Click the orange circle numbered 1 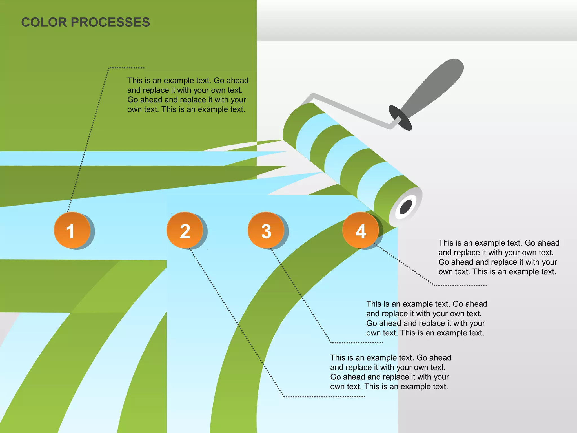pos(72,230)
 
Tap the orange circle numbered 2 pos(185,230)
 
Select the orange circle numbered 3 pos(266,230)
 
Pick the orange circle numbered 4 pos(361,230)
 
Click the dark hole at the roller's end pos(406,207)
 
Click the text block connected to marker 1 pos(188,95)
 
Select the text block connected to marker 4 pos(499,257)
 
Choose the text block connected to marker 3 pos(427,318)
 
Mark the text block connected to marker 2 pos(390,372)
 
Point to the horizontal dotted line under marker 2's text pos(324,397)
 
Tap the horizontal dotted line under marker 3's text pos(357,343)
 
